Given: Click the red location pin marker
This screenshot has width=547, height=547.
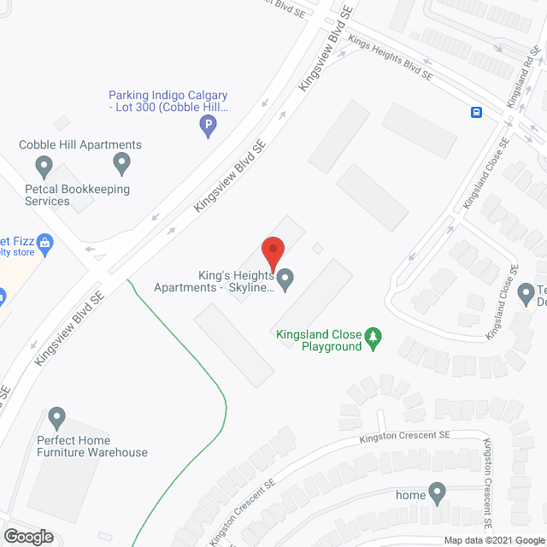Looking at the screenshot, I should pos(272,253).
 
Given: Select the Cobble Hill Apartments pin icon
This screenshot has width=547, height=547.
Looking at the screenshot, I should pos(121,161).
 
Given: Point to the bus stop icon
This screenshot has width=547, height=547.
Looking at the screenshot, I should pos(475,112).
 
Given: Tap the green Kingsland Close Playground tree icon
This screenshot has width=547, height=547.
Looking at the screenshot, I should pos(373,338).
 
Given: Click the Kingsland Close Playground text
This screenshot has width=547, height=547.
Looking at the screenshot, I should pos(319,341).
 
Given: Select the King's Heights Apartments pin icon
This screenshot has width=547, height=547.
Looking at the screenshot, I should pos(286,278).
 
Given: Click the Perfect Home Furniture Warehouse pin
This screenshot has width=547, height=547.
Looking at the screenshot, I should pos(57,418).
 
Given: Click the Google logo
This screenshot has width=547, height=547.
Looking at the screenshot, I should pos(27,537).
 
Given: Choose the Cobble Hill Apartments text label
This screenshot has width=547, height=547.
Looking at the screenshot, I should pos(80,144).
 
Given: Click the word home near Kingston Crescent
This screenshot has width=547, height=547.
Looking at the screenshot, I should pos(410,495).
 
